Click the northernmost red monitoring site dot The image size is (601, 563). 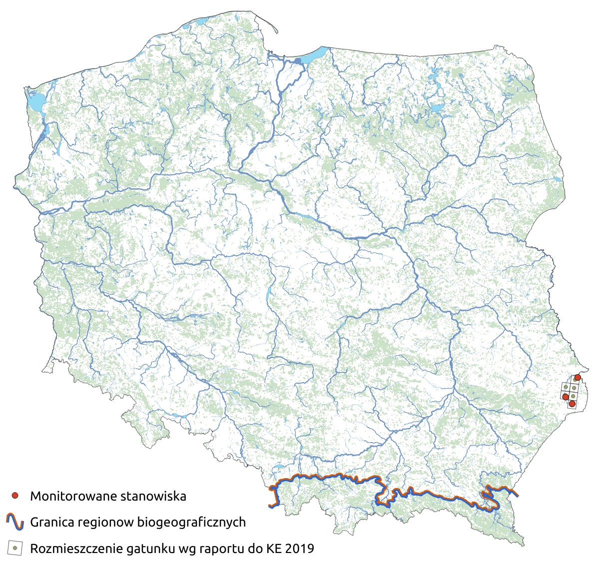[578, 377]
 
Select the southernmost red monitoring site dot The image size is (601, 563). [572, 403]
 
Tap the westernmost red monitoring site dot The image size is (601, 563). [566, 397]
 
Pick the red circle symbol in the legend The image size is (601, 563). [15, 496]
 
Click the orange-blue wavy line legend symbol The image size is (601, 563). [15, 522]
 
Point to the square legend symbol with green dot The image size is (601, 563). [15, 549]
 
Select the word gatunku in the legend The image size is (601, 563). [153, 550]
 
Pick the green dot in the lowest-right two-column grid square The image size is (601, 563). [574, 395]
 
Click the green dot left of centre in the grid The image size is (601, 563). [566, 387]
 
